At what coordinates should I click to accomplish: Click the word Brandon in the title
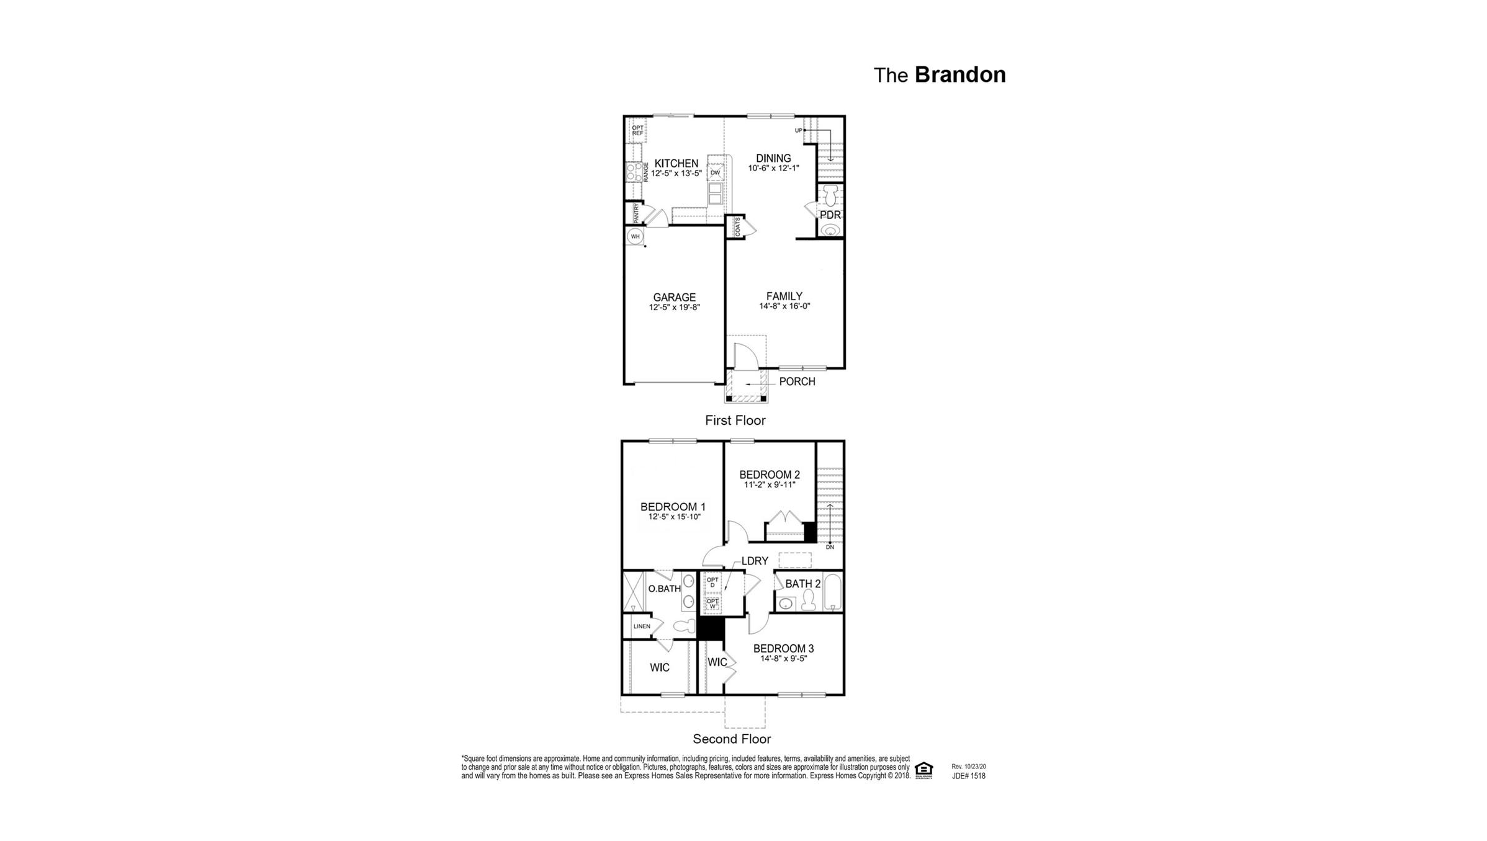pos(959,75)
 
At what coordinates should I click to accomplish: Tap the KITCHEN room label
pos(676,164)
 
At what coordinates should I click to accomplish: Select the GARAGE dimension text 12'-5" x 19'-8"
pos(674,307)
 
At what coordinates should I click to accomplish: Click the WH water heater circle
pos(635,236)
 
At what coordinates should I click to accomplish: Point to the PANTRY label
pos(636,213)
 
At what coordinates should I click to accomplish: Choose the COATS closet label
pos(737,226)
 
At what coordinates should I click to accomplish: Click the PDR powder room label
pos(830,215)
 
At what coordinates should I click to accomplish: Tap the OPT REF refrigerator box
pos(637,130)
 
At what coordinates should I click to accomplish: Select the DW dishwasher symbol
pos(715,172)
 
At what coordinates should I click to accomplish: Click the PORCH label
pos(797,381)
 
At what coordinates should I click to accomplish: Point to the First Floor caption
pos(735,420)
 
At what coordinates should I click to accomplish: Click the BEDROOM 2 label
pos(769,475)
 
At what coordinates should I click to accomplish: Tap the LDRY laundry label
pos(755,561)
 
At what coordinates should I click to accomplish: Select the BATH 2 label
pos(802,584)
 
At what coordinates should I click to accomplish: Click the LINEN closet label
pos(642,626)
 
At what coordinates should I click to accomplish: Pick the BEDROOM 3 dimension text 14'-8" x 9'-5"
pos(783,659)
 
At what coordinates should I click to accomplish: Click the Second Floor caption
pos(732,739)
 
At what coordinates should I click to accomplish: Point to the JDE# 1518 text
pos(968,776)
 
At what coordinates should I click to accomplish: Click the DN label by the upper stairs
pos(830,547)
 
